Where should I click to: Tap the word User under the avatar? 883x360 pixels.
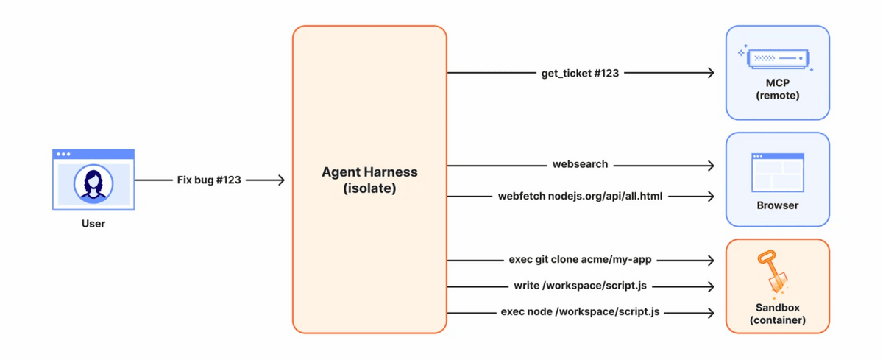tap(93, 224)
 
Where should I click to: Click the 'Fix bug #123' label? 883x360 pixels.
tap(209, 180)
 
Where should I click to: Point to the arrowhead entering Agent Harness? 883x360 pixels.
tap(280, 180)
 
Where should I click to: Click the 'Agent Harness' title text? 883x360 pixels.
tap(369, 172)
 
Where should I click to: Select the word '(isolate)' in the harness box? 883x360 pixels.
tap(369, 188)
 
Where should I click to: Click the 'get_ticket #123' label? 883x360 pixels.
tap(580, 73)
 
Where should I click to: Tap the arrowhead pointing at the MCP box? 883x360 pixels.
tap(710, 73)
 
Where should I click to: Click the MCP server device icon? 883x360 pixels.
tap(777, 58)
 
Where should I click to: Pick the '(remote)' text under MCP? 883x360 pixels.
tap(778, 96)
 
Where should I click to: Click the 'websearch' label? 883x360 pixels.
tap(581, 164)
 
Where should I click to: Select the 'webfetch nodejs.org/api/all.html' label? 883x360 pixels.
tap(581, 196)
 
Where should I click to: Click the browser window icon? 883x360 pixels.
tap(778, 172)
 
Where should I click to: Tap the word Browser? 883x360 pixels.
tap(778, 205)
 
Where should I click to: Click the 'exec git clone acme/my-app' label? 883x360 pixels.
tap(581, 259)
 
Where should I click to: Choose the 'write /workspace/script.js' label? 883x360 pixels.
tap(581, 286)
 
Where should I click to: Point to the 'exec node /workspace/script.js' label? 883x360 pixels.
tap(581, 311)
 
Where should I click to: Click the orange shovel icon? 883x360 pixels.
tap(773, 273)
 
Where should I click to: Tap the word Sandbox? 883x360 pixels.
tap(778, 308)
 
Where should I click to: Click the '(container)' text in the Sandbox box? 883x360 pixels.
tap(778, 320)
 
